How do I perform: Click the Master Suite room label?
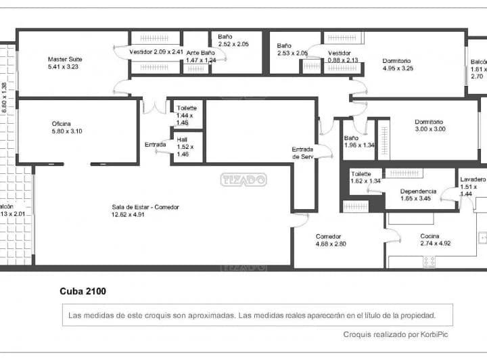click(x=65, y=59)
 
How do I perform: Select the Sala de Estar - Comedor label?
click(x=145, y=207)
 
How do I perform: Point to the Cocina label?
click(x=430, y=236)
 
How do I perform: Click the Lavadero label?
click(x=473, y=179)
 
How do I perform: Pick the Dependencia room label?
click(x=418, y=191)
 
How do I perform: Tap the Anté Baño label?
click(x=201, y=52)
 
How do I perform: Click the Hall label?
click(x=182, y=139)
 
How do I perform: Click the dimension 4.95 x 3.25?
click(x=398, y=68)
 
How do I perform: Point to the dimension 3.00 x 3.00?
click(x=430, y=129)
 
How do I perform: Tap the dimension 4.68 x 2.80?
click(x=331, y=244)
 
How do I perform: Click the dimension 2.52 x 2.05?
click(x=233, y=44)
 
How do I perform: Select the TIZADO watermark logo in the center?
click(x=243, y=179)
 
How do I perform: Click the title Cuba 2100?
click(x=83, y=292)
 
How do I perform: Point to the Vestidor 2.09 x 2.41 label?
click(x=156, y=51)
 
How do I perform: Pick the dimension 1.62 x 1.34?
click(x=365, y=181)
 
